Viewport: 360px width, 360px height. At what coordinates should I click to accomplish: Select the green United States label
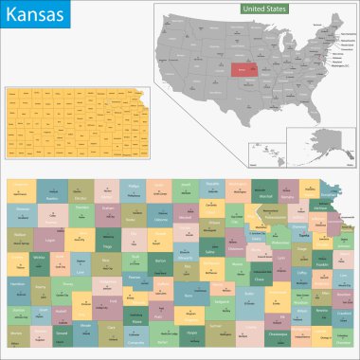pyautogui.click(x=264, y=9)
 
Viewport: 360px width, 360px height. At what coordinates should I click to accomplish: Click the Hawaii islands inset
pyautogui.click(x=266, y=152)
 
